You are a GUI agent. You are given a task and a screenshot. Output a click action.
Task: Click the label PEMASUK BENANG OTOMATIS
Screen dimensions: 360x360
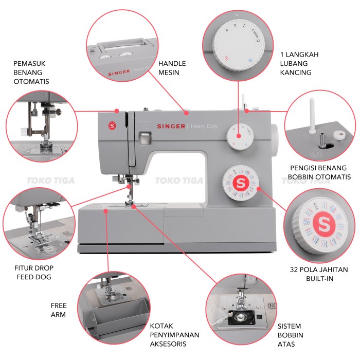coord(31,73)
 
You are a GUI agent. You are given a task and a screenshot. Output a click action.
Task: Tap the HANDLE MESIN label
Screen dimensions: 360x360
coord(172,68)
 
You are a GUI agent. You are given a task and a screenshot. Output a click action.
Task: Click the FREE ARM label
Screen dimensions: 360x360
coord(58,310)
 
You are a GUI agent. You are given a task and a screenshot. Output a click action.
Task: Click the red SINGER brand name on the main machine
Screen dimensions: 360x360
coord(171,126)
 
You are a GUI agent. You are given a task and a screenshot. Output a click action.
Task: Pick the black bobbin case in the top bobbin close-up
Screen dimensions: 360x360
coord(239,317)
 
